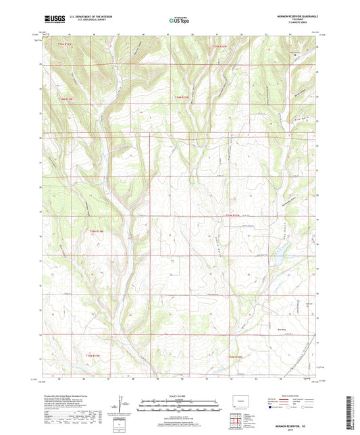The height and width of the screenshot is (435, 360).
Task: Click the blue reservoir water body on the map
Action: point(276,256)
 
